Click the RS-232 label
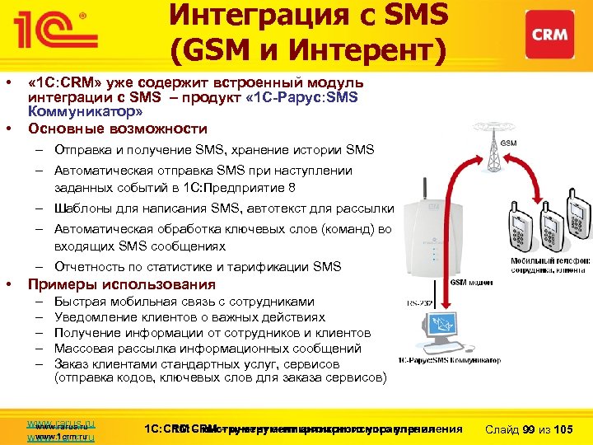pyautogui.click(x=420, y=303)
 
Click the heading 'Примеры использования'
pyautogui.click(x=122, y=285)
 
